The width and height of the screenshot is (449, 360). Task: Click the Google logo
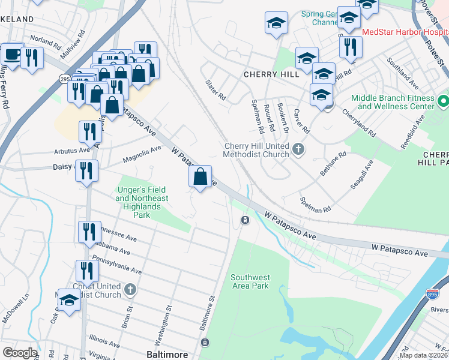20,353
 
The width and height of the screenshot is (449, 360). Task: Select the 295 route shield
64,79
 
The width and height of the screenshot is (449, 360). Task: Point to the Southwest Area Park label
250,282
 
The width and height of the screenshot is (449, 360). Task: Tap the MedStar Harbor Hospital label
405,31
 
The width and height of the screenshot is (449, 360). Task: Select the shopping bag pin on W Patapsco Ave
200,177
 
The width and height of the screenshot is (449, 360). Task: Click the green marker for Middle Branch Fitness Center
443,100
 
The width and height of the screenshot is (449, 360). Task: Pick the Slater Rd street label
215,90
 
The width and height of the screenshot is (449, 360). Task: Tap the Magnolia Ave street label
142,154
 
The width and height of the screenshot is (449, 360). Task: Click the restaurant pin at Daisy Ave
88,171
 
